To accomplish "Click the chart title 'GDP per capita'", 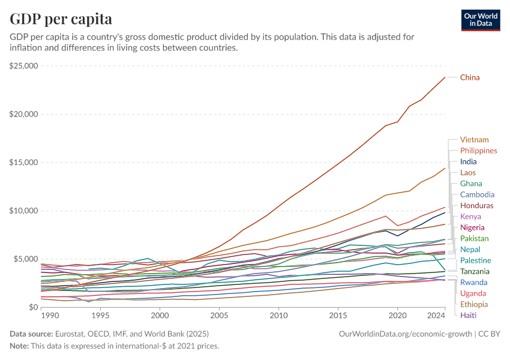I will (x=61, y=19).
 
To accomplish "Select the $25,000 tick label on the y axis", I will (x=24, y=65).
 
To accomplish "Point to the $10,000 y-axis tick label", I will (x=24, y=211).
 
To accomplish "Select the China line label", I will (x=470, y=77).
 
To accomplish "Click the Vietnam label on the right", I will (x=474, y=140).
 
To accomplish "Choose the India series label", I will (x=468, y=161).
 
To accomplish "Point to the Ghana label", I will (x=470, y=184).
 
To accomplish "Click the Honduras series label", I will (x=476, y=205).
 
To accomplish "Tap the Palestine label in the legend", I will (x=476, y=260).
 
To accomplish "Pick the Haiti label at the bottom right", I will (x=468, y=315).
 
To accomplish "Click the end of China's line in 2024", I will (x=445, y=77).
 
